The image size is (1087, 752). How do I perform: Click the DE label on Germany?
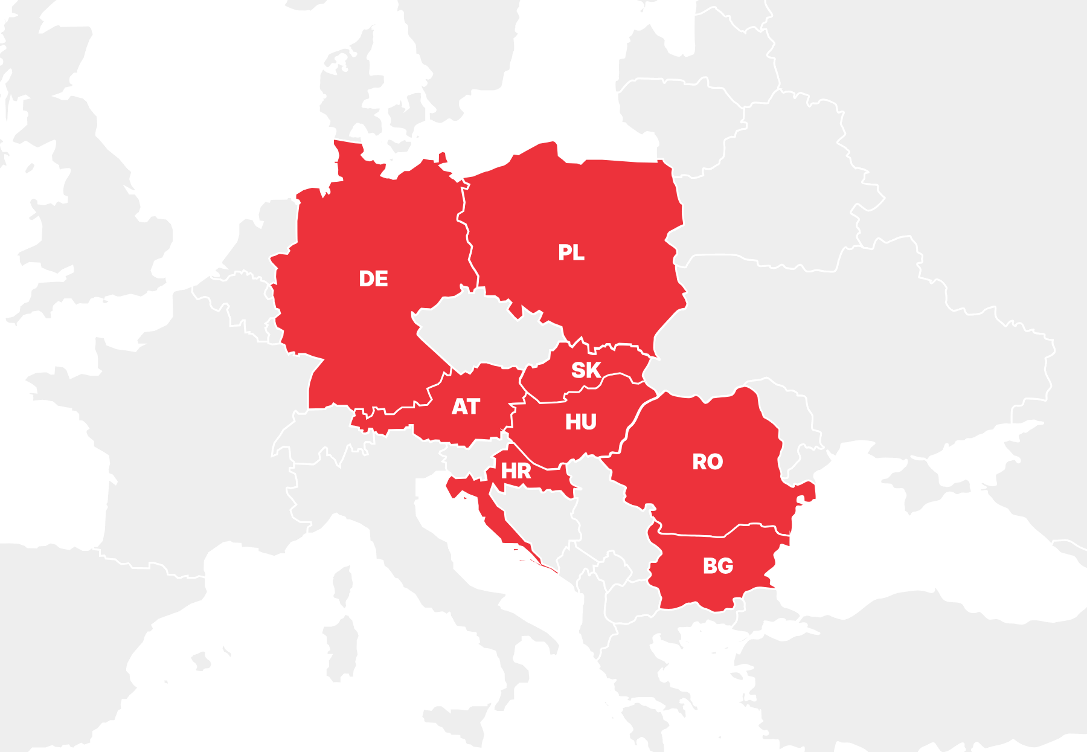(373, 278)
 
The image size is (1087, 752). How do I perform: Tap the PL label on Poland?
(571, 252)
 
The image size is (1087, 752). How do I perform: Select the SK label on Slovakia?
(585, 370)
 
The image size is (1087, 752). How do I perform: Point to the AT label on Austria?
(466, 407)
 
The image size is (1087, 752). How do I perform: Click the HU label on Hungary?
(580, 422)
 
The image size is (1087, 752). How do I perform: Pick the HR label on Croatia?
(516, 471)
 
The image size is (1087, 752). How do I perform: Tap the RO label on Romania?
(707, 462)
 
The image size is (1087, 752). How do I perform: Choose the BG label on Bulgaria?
(717, 566)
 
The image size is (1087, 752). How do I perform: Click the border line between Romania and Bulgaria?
(694, 535)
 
